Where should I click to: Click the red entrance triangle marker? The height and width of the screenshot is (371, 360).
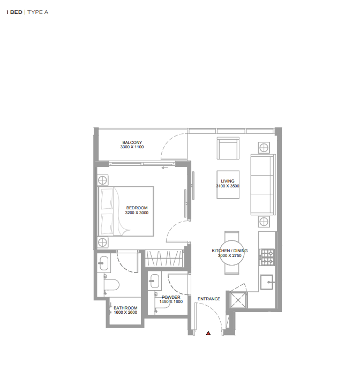[x=208, y=333]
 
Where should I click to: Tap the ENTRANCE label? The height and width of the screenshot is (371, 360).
[x=209, y=299]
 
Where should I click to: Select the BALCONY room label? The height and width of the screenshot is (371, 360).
[x=132, y=142]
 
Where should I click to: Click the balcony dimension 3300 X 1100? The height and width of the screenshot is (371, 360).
[x=132, y=147]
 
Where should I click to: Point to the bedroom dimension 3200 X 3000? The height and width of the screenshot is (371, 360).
[x=137, y=213]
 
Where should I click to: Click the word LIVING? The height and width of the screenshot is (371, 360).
[x=228, y=181]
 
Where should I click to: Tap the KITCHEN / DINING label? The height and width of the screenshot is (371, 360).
[x=230, y=251]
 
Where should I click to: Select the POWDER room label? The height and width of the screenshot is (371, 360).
[x=171, y=297]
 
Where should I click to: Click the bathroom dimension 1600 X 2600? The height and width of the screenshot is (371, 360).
[x=125, y=312]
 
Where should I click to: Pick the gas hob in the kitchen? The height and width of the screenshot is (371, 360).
[x=267, y=257]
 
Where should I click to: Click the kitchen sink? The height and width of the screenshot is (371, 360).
[x=267, y=282]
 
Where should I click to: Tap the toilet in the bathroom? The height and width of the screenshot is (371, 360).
[x=111, y=285]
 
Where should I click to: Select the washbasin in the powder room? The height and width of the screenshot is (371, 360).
[x=155, y=281]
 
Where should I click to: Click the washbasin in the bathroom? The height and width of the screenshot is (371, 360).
[x=104, y=263]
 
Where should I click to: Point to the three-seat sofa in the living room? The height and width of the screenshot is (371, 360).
[x=263, y=185]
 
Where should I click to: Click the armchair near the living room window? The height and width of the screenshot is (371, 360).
[x=228, y=148]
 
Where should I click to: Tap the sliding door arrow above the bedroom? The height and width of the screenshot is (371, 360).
[x=164, y=168]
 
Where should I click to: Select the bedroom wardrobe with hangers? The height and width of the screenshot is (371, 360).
[x=164, y=259]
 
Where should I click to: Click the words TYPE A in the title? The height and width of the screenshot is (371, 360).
[x=38, y=12]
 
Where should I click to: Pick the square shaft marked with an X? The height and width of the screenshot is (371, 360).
[x=238, y=300]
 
